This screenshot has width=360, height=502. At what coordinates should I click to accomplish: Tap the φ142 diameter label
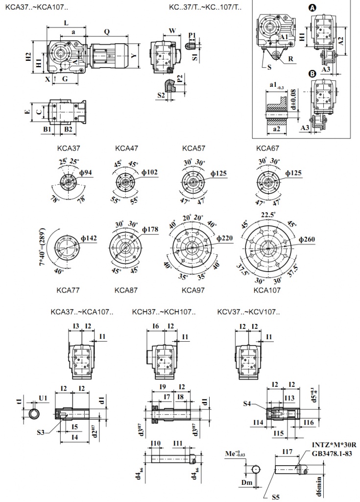tap(89, 238)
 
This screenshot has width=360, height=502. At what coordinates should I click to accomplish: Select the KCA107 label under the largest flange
tap(267, 290)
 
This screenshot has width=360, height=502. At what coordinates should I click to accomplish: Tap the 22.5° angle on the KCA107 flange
tap(268, 214)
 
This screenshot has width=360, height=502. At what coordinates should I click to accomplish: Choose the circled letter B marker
tap(312, 75)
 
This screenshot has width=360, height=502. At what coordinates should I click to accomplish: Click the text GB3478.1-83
tap(330, 453)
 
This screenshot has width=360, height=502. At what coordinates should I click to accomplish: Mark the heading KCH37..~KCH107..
tap(164, 312)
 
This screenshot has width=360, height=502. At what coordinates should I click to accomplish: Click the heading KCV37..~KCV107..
tap(249, 312)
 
